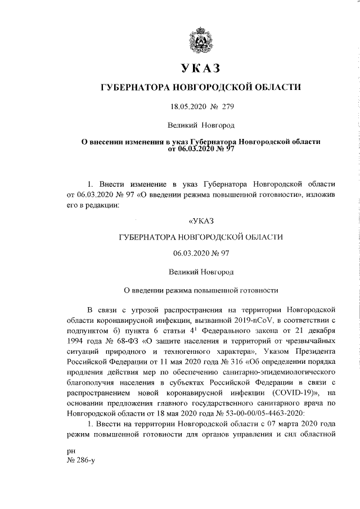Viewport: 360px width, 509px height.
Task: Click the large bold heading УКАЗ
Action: pyautogui.click(x=201, y=69)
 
